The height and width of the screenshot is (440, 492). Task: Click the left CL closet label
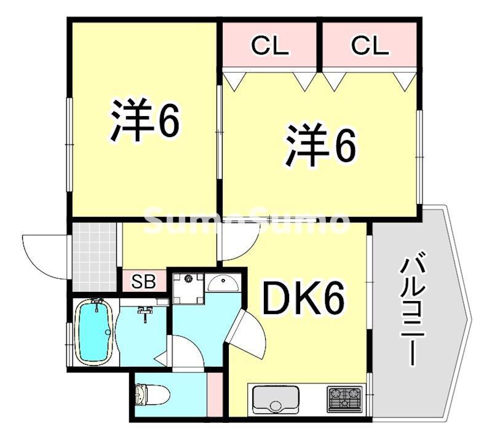point(269,46)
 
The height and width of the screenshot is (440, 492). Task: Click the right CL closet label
point(370,46)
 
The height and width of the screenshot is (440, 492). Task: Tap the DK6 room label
point(303,299)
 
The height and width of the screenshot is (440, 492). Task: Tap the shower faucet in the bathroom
point(145,313)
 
